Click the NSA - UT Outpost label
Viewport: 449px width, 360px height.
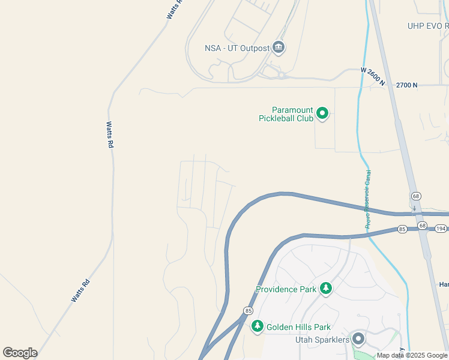[x=237, y=47]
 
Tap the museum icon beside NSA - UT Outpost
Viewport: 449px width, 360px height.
[x=278, y=47]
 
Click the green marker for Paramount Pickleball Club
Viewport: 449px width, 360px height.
[x=322, y=113]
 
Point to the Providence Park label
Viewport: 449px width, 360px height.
[x=286, y=289]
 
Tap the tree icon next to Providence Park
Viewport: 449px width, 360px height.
[x=326, y=289]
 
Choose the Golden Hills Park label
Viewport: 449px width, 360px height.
[x=298, y=327]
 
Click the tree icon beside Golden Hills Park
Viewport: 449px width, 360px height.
[x=258, y=326]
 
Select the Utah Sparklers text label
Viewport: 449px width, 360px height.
[x=322, y=340]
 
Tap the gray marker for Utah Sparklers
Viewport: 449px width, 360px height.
[x=358, y=339]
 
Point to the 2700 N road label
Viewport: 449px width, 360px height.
[x=406, y=85]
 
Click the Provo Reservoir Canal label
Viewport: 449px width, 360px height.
[x=368, y=199]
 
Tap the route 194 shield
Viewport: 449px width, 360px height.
[x=441, y=229]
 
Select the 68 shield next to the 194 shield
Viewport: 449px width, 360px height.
[x=423, y=226]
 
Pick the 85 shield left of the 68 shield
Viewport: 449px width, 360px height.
[x=402, y=229]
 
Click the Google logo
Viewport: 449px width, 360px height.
[x=20, y=353]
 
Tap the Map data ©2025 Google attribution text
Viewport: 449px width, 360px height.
[x=412, y=355]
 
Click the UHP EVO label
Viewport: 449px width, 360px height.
[x=428, y=26]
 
